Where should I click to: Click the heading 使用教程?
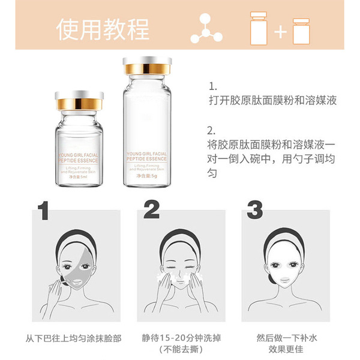point(103,30)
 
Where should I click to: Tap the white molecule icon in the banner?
point(206,29)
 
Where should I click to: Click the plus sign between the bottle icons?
point(280,31)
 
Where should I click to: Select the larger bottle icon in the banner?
point(258,30)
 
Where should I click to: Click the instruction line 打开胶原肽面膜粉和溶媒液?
point(272,100)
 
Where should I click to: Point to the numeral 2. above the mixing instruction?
point(211,130)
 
